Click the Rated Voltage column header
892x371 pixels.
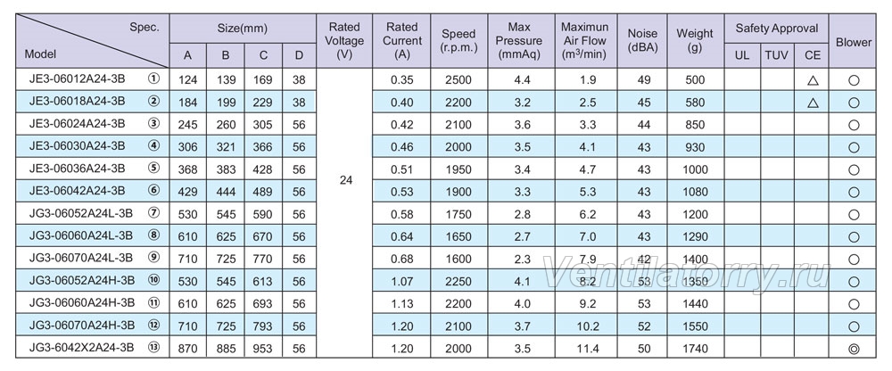click(344, 41)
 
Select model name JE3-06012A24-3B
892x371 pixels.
click(77, 78)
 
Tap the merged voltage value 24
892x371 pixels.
click(346, 180)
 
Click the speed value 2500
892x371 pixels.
click(458, 79)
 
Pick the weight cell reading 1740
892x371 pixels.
click(695, 349)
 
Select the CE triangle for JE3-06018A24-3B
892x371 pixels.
click(813, 103)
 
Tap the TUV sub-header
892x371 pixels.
click(777, 55)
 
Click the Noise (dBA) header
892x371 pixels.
click(643, 41)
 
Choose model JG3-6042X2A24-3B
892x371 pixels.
click(81, 347)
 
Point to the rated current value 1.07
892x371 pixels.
click(402, 282)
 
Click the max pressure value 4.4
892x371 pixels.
click(522, 79)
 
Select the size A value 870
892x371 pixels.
click(187, 349)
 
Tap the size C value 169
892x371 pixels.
click(263, 79)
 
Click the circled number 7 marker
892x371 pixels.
click(153, 213)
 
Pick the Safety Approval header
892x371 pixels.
click(777, 29)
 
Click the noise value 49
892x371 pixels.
click(644, 79)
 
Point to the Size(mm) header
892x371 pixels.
click(243, 29)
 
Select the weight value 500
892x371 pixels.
click(695, 79)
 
